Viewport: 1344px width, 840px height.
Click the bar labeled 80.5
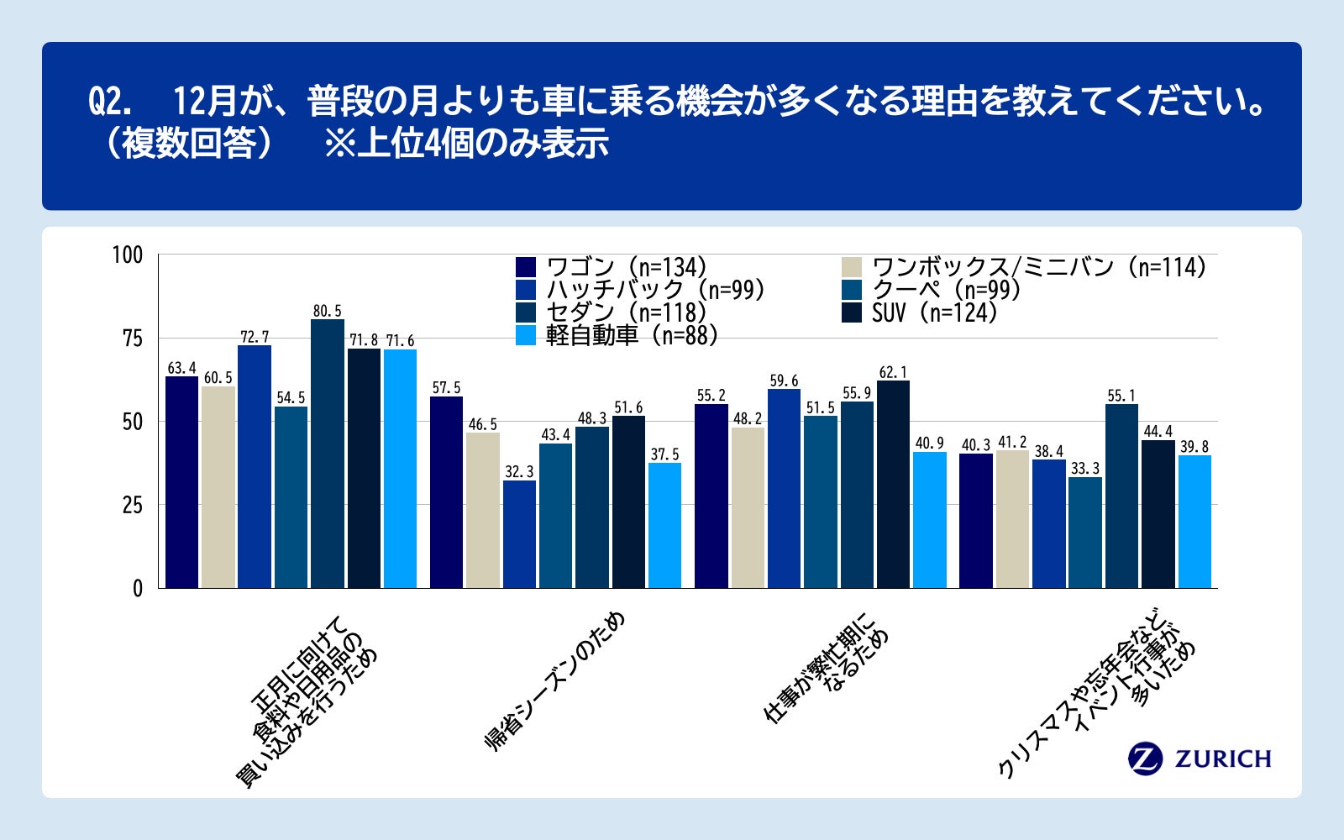point(328,454)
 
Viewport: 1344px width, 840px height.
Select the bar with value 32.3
point(519,534)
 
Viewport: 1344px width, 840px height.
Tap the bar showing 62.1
point(893,485)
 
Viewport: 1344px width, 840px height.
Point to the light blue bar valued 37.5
point(664,525)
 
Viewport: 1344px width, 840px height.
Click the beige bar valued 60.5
point(218,487)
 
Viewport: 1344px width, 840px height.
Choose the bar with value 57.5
point(446,492)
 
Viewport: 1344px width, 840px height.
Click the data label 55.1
point(1121,396)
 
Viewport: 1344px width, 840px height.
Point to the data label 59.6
point(784,381)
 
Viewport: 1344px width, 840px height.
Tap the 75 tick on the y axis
point(133,339)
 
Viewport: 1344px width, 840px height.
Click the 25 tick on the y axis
point(133,506)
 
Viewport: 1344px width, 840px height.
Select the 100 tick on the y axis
point(128,255)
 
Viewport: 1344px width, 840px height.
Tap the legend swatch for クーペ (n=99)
point(852,291)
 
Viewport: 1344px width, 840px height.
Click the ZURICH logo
point(1200,759)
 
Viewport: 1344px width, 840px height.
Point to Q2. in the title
point(110,102)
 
